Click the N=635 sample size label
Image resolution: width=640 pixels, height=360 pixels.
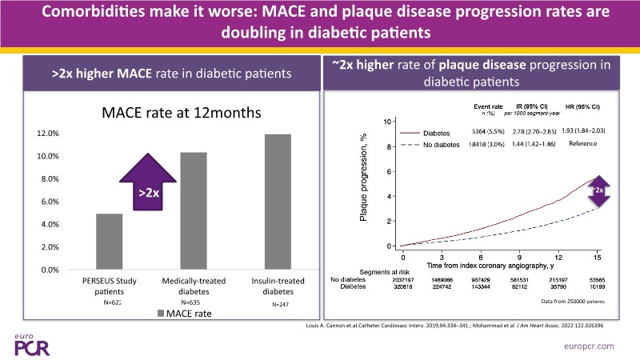point(190,302)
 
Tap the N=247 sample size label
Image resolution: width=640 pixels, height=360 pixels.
point(275,305)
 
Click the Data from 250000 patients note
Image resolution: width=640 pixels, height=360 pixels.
point(573,302)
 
